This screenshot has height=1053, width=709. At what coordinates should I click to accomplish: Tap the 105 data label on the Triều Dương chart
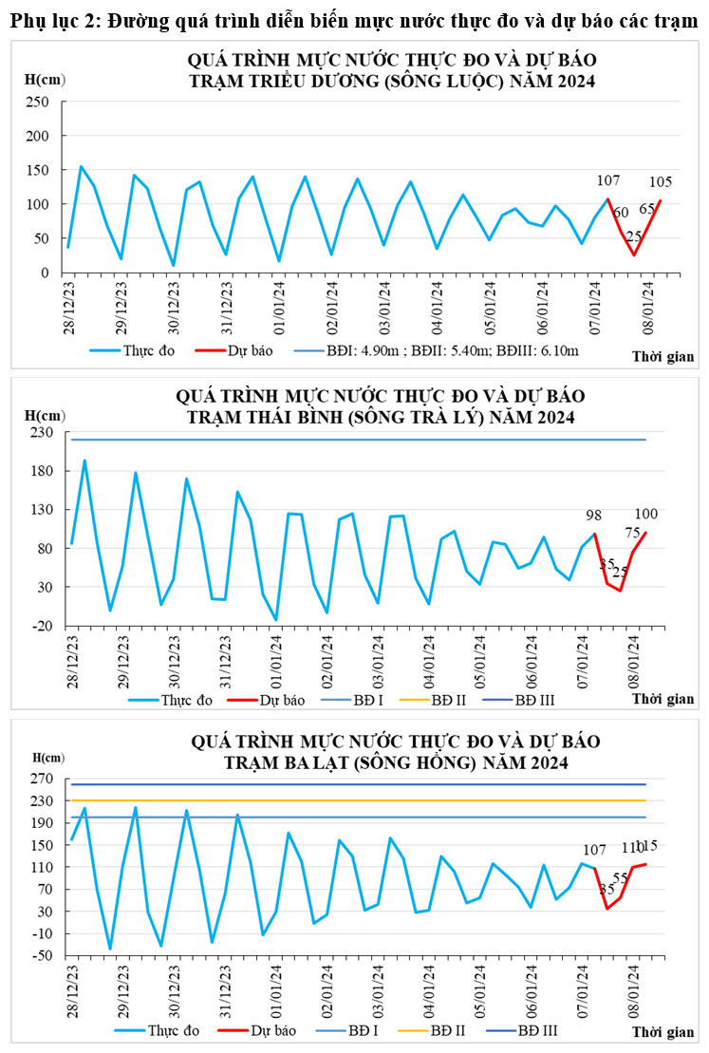[x=662, y=182]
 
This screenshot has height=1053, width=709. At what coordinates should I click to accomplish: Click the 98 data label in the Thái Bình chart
[x=594, y=515]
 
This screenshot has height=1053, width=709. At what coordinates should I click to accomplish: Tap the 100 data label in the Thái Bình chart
[x=646, y=514]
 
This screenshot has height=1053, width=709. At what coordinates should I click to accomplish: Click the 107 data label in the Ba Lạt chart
[x=594, y=850]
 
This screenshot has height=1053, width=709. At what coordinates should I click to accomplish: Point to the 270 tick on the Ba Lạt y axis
[x=43, y=779]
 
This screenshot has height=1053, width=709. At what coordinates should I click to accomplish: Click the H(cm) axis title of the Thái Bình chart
[x=46, y=414]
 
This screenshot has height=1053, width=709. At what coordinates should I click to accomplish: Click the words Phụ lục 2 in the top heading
[x=52, y=21]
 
